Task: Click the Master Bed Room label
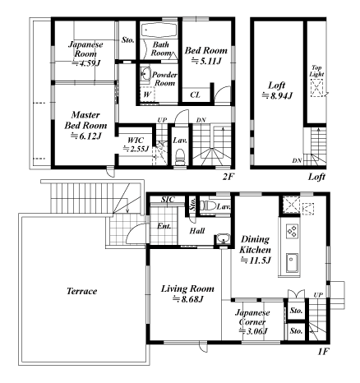point(85,120)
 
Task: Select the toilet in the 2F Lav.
point(180,157)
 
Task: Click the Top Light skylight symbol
point(316,88)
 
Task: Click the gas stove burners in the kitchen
point(293,231)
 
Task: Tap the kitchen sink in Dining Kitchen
point(292,263)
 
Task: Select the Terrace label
point(82,291)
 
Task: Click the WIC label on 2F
point(136,141)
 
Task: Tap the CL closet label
point(195,95)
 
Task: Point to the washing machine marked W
point(147,95)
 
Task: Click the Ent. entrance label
point(164,226)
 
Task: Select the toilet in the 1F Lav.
point(207,205)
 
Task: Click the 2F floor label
point(228,177)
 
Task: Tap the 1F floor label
point(323,352)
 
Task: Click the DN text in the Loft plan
point(297,161)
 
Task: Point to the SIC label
point(168,200)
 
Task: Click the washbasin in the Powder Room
point(145,74)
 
